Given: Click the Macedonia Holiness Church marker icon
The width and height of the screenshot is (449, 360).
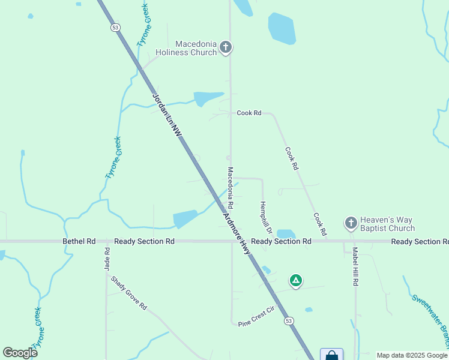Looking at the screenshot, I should [x=225, y=47].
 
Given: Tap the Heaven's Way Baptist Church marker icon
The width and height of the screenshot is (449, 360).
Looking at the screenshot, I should [x=351, y=223].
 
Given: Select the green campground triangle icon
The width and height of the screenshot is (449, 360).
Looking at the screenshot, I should [x=295, y=280].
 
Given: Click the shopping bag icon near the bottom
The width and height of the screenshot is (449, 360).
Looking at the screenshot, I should [x=331, y=355].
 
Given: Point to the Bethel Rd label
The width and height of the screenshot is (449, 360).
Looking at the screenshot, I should [x=79, y=241].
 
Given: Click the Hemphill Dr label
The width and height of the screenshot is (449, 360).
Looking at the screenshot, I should [x=265, y=218].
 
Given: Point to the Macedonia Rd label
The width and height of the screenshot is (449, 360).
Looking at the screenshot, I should [x=229, y=188].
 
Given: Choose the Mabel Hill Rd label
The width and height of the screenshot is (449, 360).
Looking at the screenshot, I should [x=355, y=266].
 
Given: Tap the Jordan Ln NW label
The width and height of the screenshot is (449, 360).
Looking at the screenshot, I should [x=166, y=116].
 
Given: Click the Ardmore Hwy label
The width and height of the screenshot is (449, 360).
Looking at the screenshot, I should [x=237, y=233].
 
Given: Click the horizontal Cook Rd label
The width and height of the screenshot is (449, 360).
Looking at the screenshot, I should [x=249, y=113].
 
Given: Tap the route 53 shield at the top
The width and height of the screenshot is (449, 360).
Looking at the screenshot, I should [x=114, y=28].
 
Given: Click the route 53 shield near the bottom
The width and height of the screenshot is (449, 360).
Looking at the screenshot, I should [x=289, y=321].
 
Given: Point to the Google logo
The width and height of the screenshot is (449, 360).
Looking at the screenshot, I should [x=20, y=353].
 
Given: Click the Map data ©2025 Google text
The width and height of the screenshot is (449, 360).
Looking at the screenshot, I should [x=412, y=355].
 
